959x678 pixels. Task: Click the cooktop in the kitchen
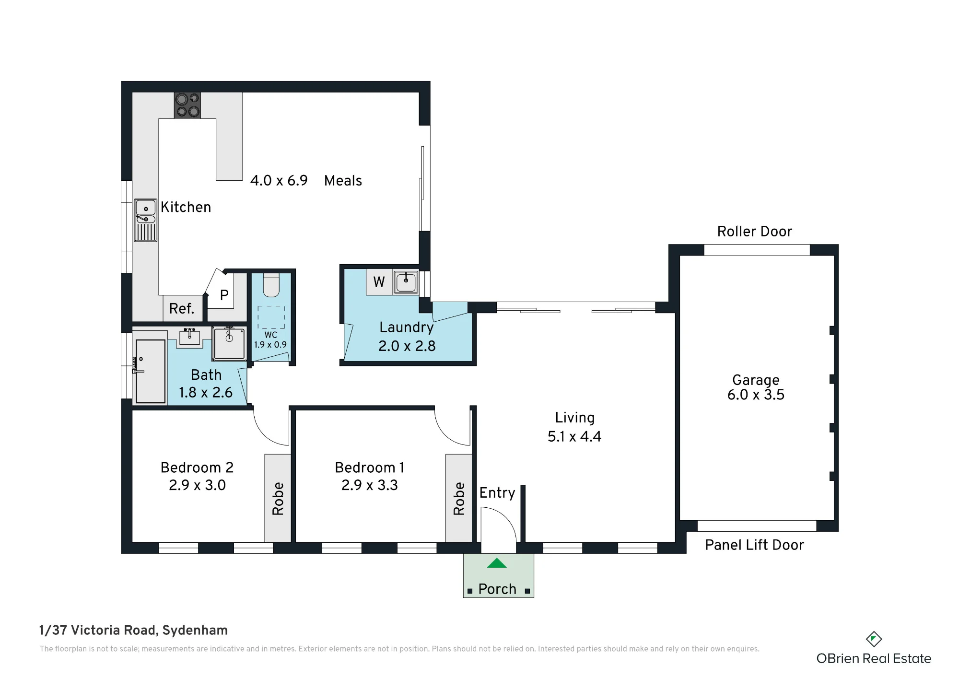187,105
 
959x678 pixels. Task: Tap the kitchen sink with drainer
146,220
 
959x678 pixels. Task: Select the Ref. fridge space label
182,308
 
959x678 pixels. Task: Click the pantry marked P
224,295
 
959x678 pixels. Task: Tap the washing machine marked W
379,282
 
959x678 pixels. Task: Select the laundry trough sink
406,282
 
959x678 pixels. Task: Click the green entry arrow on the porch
497,563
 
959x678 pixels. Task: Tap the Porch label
497,589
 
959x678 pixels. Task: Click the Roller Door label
755,232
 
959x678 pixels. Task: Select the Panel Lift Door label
755,545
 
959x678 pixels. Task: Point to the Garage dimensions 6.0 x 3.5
756,395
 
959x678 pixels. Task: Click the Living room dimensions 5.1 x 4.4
574,436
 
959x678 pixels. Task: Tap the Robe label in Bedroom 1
459,499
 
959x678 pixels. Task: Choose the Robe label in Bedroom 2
278,499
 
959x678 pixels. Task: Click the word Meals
343,181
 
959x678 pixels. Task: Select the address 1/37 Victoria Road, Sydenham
134,630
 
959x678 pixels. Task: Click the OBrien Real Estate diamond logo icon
874,639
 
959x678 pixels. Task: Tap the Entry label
497,493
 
